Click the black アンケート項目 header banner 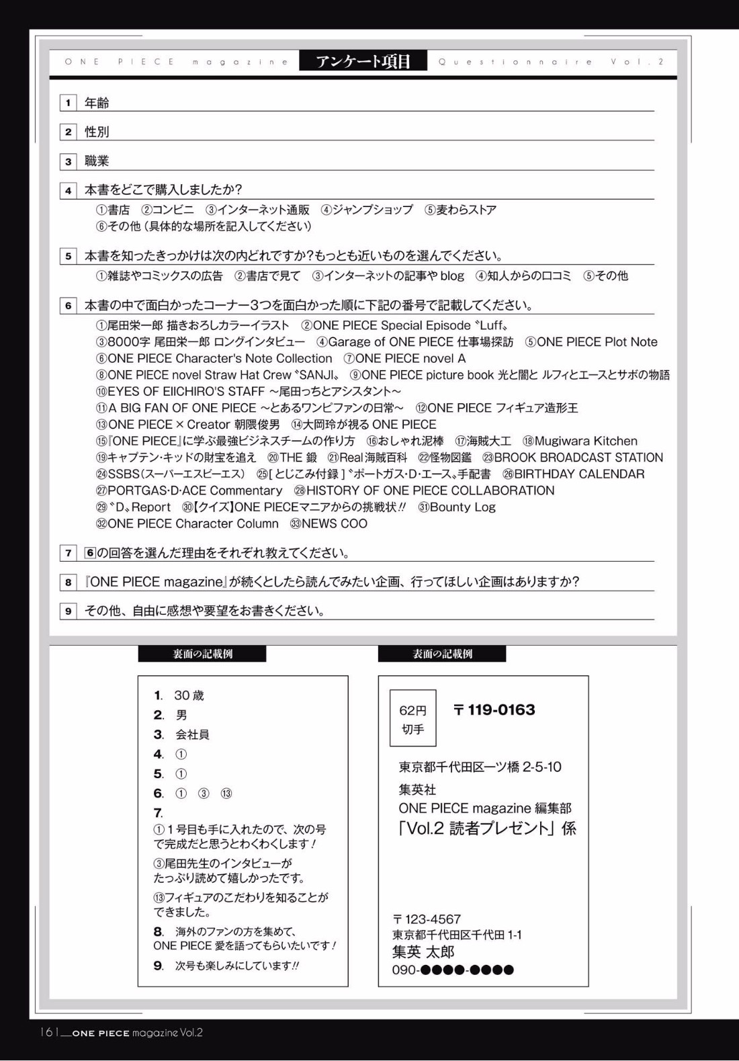(363, 61)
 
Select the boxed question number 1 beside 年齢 (68, 103)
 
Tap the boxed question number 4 (68, 190)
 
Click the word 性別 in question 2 (97, 132)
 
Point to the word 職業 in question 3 (97, 161)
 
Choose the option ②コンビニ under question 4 (167, 210)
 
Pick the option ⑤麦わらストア (460, 210)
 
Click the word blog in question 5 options (452, 275)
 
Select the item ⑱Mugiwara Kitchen (580, 441)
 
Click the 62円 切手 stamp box (412, 718)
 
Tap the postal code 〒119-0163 (494, 710)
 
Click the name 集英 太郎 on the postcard (423, 951)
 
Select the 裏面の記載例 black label (202, 654)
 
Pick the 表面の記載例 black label (442, 654)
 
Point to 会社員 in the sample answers (192, 734)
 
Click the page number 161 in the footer (50, 1032)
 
